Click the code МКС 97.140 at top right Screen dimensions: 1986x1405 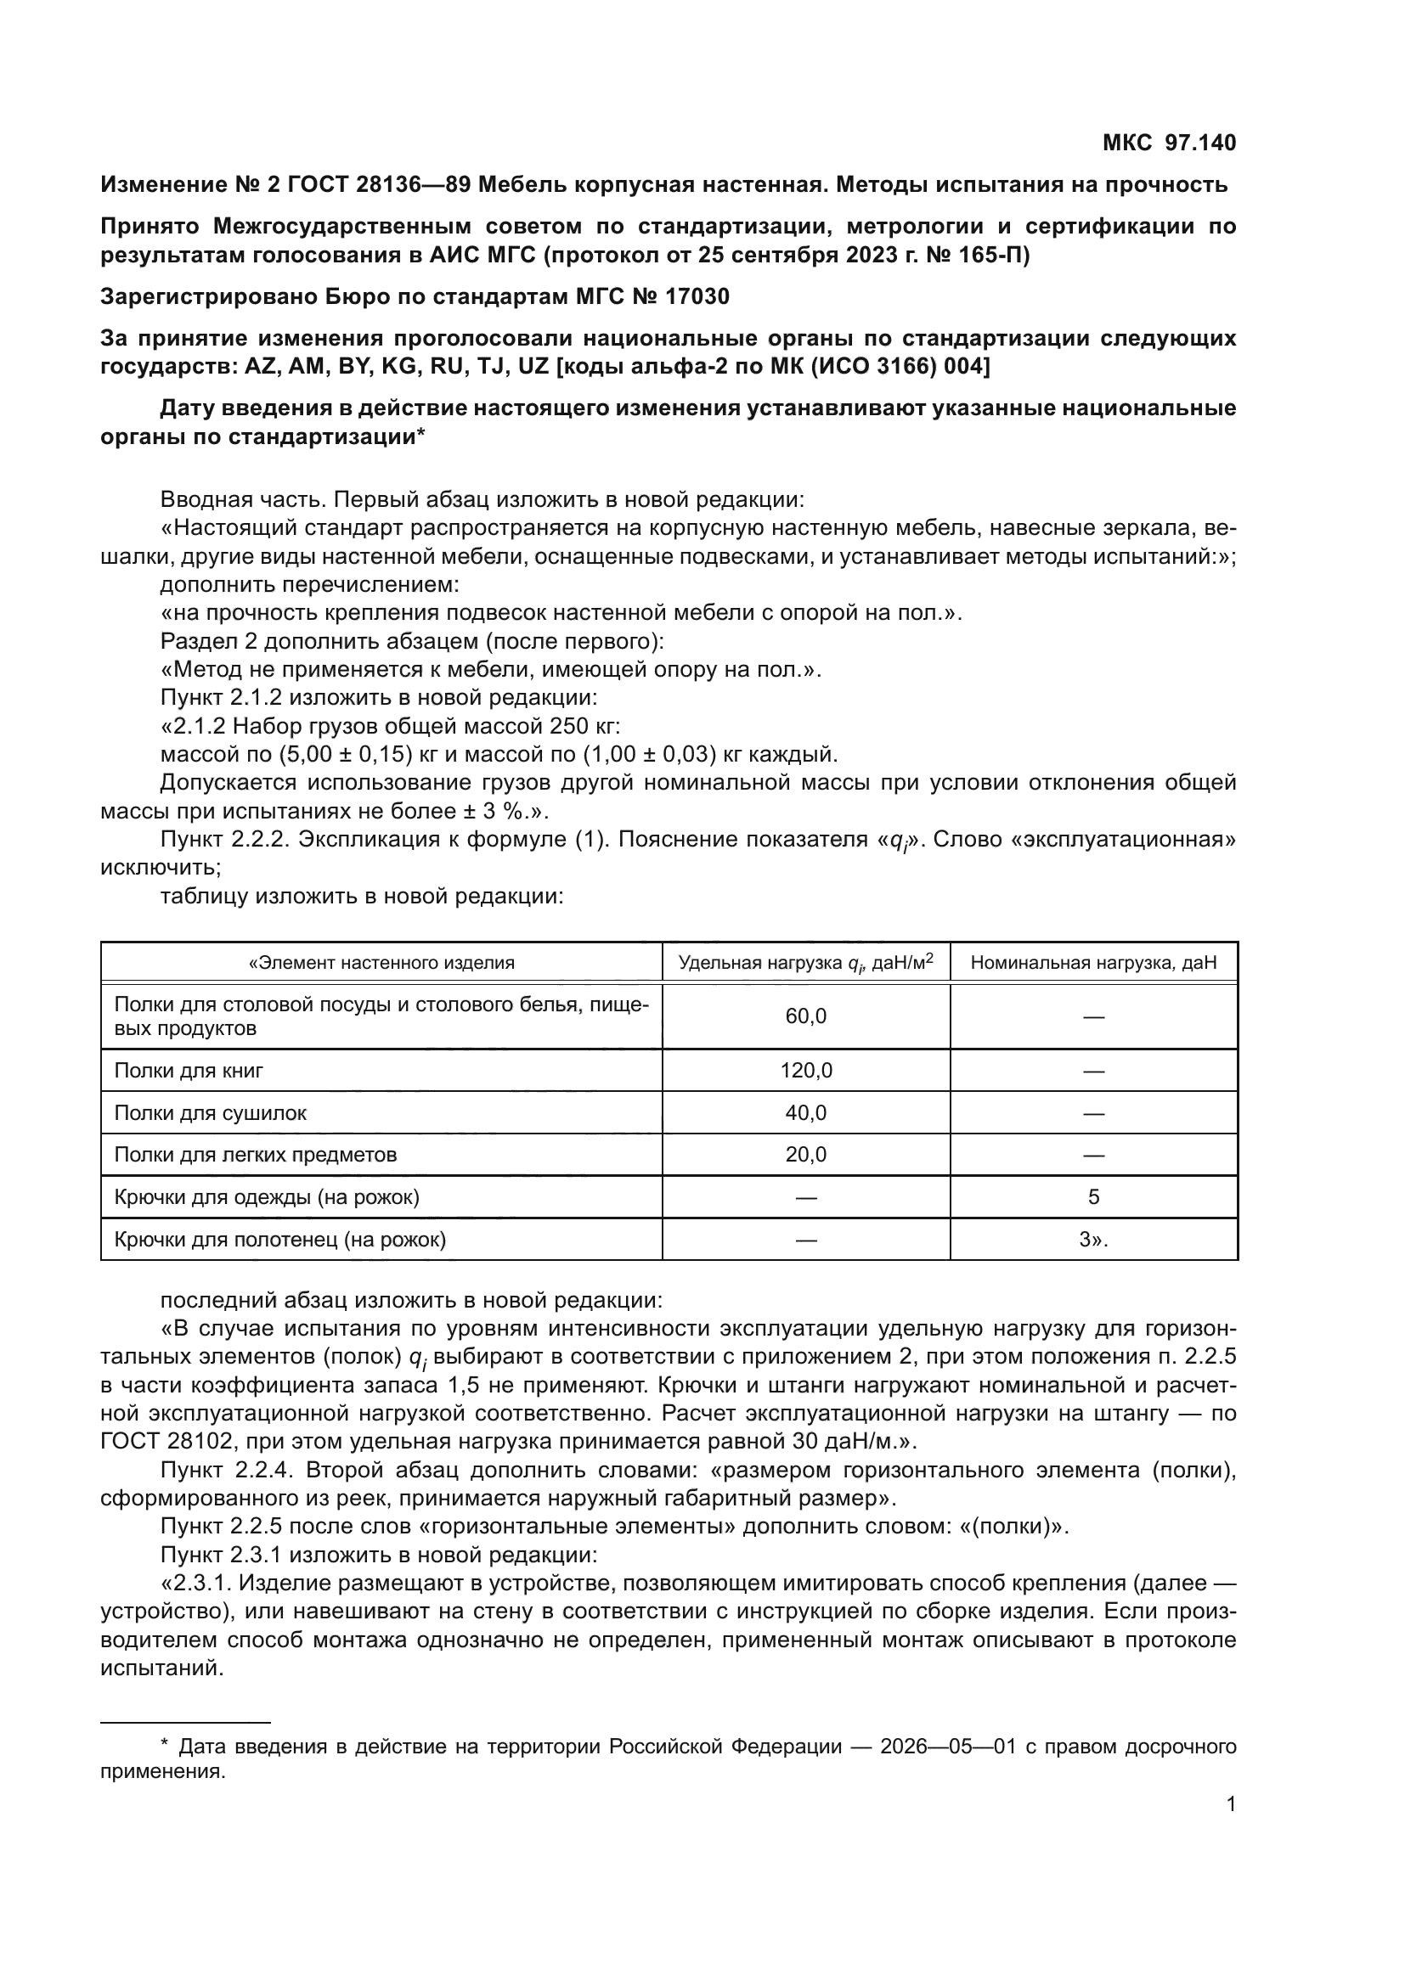pos(1169,143)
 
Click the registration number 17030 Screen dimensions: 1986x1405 pos(698,296)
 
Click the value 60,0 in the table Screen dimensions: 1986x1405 pos(805,1016)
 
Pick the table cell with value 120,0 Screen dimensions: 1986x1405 pos(805,1071)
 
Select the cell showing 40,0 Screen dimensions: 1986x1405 pos(805,1113)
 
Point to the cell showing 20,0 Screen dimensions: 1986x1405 pos(805,1155)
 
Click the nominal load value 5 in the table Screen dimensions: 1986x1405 pos(1093,1197)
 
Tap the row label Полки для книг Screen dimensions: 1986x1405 pos(189,1071)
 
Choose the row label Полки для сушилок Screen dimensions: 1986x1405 pos(210,1113)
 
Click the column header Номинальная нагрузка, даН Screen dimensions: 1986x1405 pos(1093,963)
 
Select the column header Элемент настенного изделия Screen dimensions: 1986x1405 pos(381,963)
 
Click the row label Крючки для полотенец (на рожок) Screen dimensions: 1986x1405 pos(280,1240)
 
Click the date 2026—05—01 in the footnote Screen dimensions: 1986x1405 pos(948,1747)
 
